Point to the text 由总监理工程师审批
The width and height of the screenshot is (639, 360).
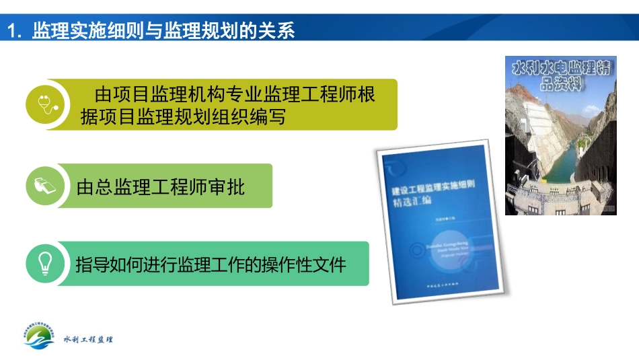click(x=161, y=186)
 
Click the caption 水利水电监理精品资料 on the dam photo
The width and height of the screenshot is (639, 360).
click(x=561, y=75)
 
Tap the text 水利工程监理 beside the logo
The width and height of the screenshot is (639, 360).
click(x=88, y=339)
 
